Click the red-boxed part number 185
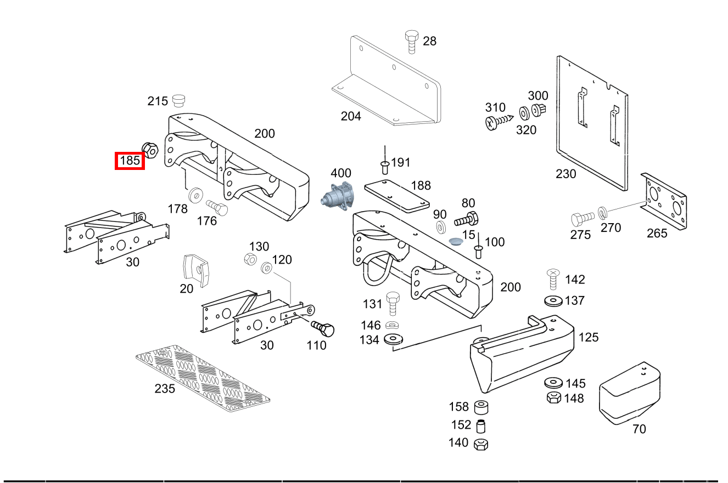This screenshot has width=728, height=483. (130, 161)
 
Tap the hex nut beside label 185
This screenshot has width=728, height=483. (150, 148)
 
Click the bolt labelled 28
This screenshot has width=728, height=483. (411, 42)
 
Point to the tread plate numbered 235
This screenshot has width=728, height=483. (203, 379)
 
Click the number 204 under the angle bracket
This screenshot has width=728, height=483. (351, 116)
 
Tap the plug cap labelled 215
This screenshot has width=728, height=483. (178, 100)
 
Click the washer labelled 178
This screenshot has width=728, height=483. (194, 195)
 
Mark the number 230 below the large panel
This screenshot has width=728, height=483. (565, 174)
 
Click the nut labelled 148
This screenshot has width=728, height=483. (553, 397)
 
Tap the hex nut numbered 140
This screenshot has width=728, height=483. (481, 444)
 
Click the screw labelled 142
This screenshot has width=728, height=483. (553, 280)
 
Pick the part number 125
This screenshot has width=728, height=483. (588, 337)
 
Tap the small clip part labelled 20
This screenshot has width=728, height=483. (197, 270)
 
